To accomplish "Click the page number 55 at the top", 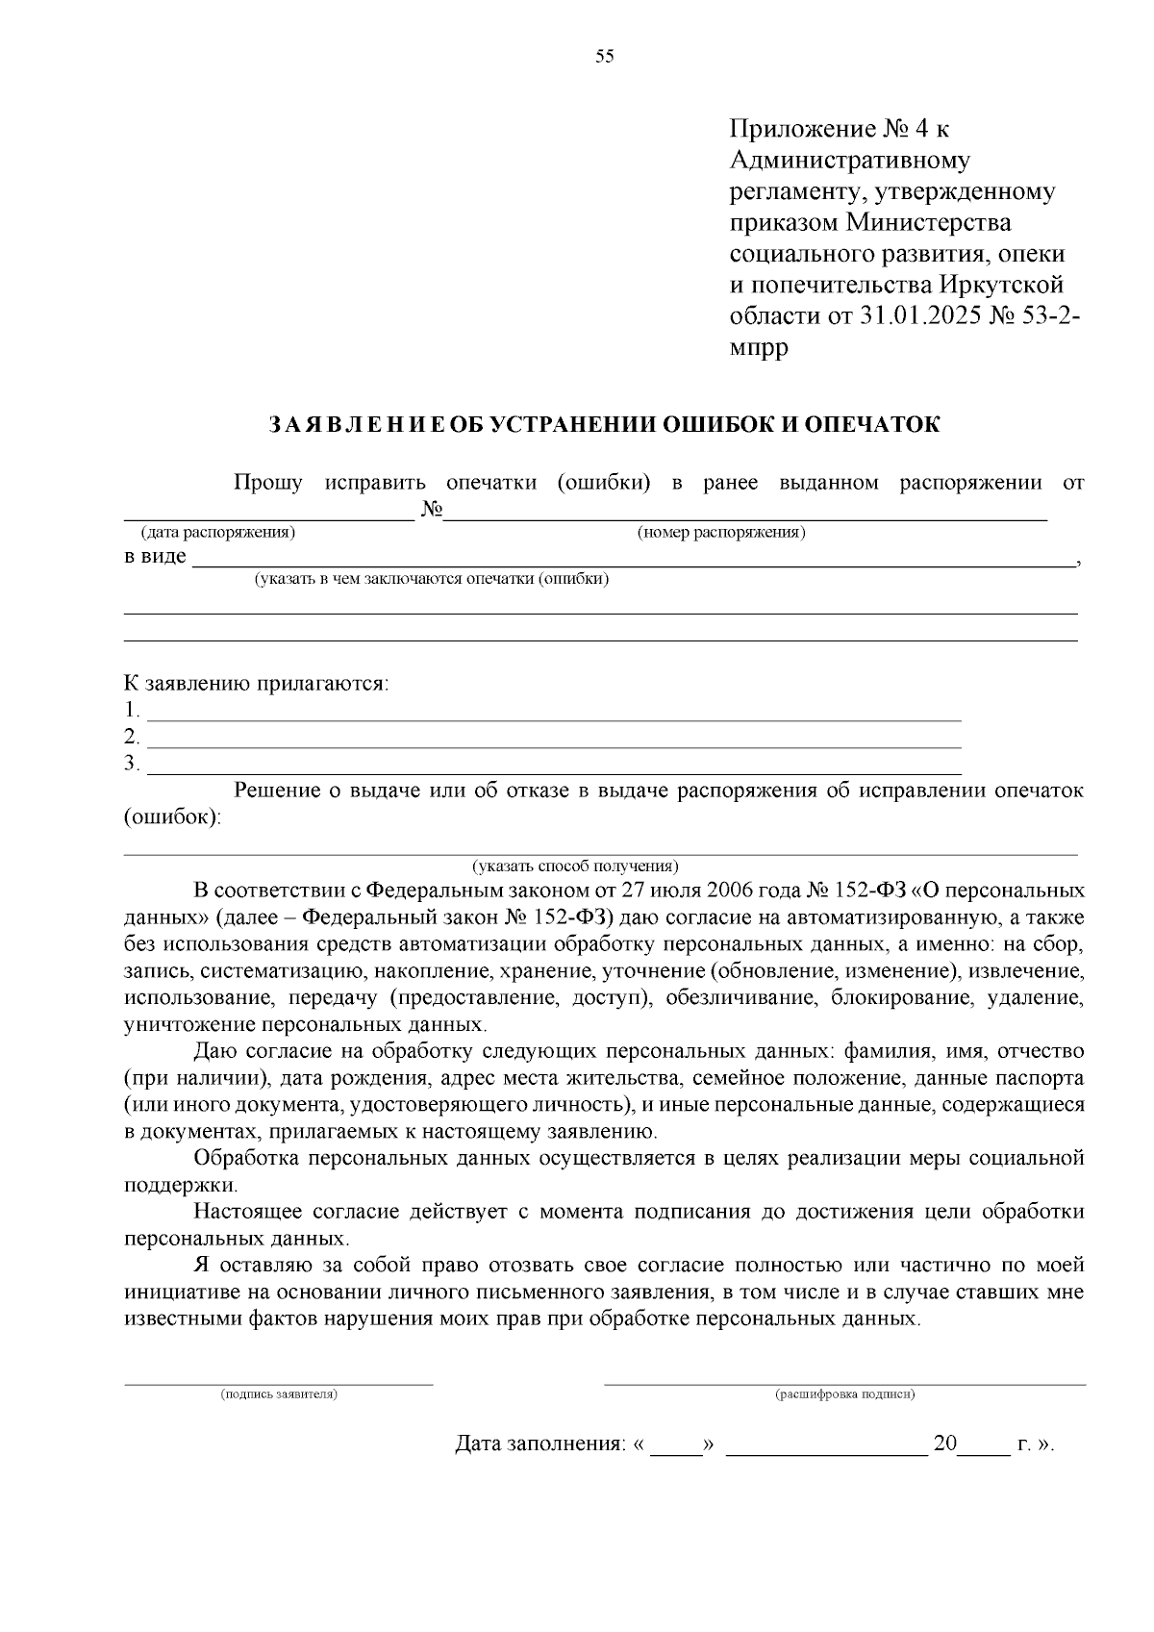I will (x=604, y=56).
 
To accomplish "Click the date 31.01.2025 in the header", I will (x=918, y=315).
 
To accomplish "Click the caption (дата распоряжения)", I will (x=218, y=532).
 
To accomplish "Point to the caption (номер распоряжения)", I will (x=721, y=532).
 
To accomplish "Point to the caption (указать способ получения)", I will (x=574, y=865).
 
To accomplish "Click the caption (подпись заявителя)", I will (x=279, y=1393).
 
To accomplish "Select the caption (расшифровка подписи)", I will (x=845, y=1393).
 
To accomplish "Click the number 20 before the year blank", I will (x=945, y=1444).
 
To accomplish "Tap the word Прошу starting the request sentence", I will (x=268, y=483).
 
